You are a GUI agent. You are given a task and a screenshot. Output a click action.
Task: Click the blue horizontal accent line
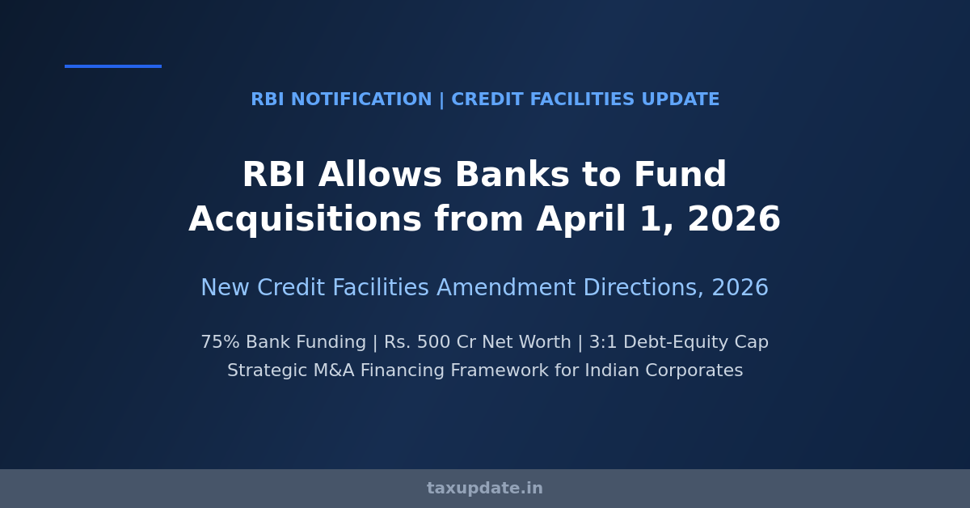click(x=113, y=66)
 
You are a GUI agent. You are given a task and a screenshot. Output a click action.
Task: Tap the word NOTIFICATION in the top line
click(x=361, y=99)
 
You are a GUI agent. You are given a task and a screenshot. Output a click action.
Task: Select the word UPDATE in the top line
click(x=681, y=99)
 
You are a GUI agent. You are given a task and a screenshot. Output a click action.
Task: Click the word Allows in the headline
click(x=380, y=174)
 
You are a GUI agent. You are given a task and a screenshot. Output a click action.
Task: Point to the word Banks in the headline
click(x=512, y=174)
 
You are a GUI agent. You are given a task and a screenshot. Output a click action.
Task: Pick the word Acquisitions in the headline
click(x=305, y=220)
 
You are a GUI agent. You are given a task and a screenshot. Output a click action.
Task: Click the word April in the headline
click(x=581, y=220)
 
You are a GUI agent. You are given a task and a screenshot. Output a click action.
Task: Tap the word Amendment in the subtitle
click(x=506, y=287)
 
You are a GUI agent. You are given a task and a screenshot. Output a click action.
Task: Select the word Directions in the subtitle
click(x=643, y=287)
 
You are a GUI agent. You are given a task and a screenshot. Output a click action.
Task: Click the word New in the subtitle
click(x=226, y=287)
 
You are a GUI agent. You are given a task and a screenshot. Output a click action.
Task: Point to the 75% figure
click(x=221, y=342)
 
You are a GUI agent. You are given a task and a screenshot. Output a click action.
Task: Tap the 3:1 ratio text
click(x=602, y=342)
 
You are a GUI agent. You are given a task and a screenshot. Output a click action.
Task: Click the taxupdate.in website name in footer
click(x=484, y=489)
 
